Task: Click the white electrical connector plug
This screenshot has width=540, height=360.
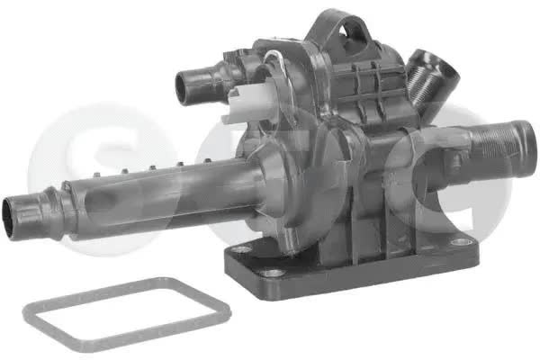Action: point(248,102)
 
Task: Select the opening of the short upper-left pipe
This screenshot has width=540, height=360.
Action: point(183,87)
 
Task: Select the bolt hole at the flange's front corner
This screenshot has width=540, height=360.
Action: point(272,274)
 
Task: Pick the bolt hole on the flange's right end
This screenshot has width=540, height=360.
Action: point(460,242)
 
